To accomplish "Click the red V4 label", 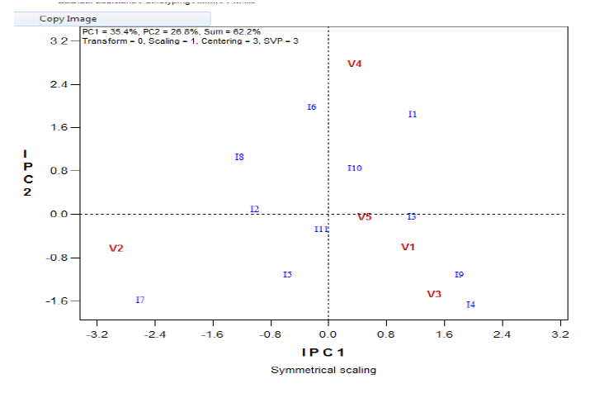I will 355,64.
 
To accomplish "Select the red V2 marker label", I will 116,249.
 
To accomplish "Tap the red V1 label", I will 408,247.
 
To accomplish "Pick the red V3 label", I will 434,295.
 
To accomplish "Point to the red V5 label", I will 364,217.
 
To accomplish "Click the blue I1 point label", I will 413,114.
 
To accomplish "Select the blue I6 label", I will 312,107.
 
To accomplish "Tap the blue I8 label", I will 239,157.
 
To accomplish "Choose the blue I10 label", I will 355,168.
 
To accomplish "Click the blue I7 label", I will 140,300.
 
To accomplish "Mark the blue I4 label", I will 470,305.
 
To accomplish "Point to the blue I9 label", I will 459,275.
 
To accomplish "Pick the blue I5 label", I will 287,275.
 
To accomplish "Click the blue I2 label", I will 255,209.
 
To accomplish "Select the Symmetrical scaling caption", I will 323,370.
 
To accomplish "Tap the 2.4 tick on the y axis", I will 60,84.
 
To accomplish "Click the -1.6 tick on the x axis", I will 212,334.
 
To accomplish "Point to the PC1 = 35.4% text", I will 111,31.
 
